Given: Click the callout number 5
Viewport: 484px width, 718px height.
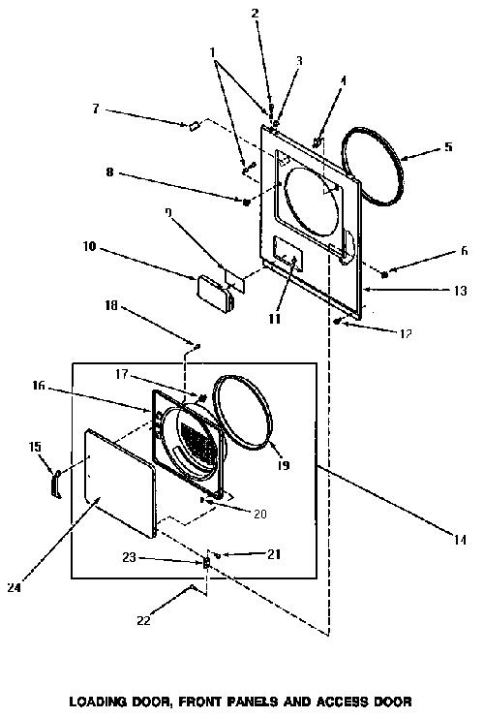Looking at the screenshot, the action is (x=448, y=146).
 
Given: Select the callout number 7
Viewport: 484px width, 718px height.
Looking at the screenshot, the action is (x=96, y=109).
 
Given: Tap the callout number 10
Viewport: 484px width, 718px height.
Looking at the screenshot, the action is (x=90, y=246).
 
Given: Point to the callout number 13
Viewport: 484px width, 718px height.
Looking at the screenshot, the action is (x=460, y=291).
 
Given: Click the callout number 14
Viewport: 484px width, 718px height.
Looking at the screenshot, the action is (x=460, y=540).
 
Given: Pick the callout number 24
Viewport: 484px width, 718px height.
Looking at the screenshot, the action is (x=15, y=587).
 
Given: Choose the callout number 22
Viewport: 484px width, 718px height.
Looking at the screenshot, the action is (x=143, y=620).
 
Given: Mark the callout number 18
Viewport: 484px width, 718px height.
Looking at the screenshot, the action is (x=111, y=305).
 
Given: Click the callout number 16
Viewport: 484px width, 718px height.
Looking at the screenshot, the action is (x=39, y=386).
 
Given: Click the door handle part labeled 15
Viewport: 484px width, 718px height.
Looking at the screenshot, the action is (x=56, y=484).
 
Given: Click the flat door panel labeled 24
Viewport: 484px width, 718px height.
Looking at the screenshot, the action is (x=120, y=483).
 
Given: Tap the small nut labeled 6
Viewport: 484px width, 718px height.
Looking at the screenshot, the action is (x=385, y=275).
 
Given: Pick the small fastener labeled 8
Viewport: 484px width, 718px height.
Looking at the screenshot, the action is (x=246, y=202).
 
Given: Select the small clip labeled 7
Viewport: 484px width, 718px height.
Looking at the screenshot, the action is (x=194, y=125).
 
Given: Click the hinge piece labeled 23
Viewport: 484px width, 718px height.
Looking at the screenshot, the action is (x=206, y=562).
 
